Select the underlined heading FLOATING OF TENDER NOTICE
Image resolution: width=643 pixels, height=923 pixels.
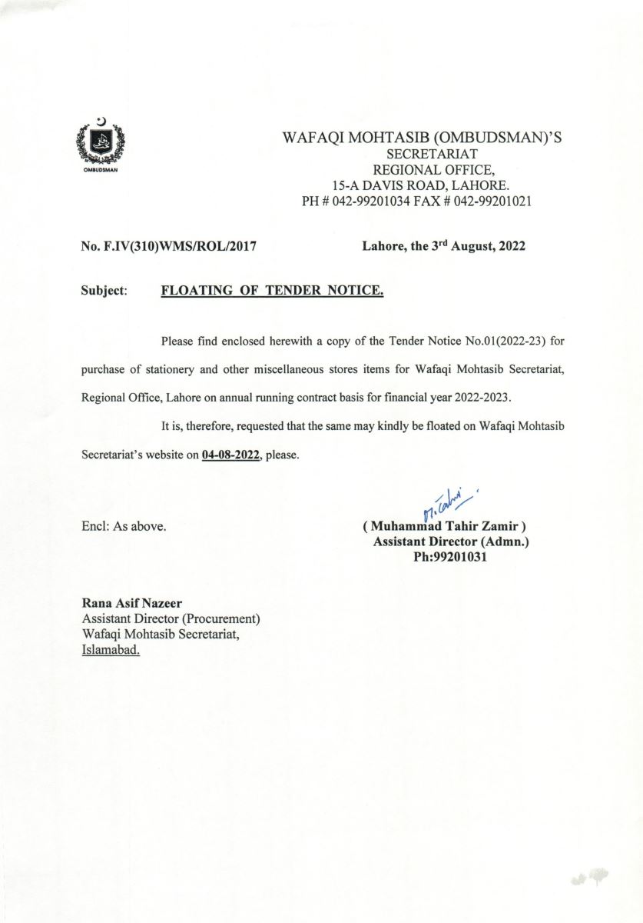pyautogui.click(x=272, y=292)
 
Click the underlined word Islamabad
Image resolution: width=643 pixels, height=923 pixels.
pyautogui.click(x=111, y=650)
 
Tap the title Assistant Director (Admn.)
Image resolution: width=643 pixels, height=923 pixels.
pyautogui.click(x=451, y=542)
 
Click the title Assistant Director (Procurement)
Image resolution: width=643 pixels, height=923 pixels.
pyautogui.click(x=171, y=619)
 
